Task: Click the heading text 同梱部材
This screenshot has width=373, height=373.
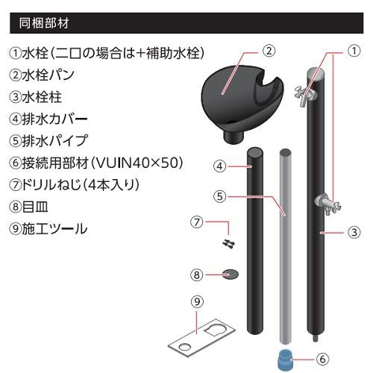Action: point(44,23)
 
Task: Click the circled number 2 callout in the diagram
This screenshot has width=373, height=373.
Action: point(269,51)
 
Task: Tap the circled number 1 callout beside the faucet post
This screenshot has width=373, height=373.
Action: point(354,51)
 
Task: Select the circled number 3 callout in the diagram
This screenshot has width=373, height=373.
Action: point(354,233)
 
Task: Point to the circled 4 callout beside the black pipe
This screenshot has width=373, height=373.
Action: point(220,166)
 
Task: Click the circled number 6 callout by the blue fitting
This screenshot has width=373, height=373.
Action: point(322,359)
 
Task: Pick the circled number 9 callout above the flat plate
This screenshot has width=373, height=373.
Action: point(197,301)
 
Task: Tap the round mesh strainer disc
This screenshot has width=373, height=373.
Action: point(231,275)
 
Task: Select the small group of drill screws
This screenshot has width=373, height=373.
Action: point(228,244)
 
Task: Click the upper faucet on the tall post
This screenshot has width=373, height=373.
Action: point(305,95)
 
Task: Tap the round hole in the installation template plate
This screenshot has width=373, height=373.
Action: point(184,347)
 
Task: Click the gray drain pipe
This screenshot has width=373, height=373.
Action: point(286,246)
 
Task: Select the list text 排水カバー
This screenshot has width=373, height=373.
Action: point(55,119)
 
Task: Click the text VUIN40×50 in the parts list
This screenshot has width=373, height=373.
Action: point(137,163)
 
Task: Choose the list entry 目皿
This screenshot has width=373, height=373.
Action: point(35,207)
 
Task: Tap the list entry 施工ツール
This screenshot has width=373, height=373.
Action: point(54,229)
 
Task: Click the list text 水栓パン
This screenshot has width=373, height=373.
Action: point(48,75)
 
